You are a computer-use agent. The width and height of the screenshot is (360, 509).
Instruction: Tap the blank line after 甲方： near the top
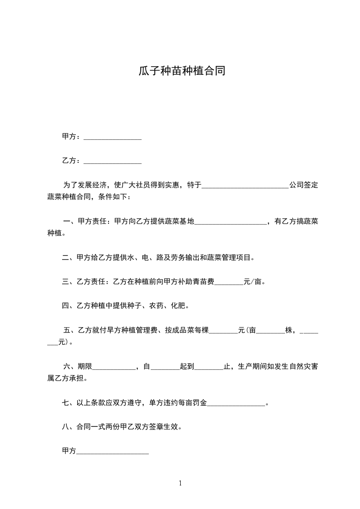point(113,137)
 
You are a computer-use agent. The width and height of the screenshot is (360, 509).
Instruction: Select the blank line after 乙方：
point(113,161)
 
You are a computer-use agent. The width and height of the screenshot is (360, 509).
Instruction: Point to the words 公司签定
point(304,186)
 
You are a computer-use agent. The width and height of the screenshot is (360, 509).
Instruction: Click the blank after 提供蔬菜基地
point(231,222)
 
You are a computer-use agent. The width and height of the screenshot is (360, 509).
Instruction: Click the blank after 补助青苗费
point(228,282)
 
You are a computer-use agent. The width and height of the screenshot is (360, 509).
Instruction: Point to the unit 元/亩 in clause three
point(253,282)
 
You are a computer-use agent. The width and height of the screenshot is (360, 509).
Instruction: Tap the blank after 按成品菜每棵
point(223,331)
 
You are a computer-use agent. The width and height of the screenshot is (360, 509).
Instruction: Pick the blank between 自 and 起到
point(165,367)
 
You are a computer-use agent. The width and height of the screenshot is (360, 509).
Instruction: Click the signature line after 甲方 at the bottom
point(113,451)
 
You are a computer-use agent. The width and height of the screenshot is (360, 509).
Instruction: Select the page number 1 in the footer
point(180,483)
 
